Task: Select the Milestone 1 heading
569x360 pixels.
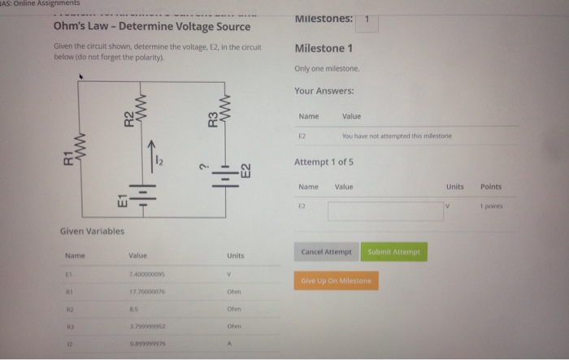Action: [324, 49]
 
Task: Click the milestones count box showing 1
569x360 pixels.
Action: [367, 20]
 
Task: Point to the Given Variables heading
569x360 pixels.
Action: [93, 231]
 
